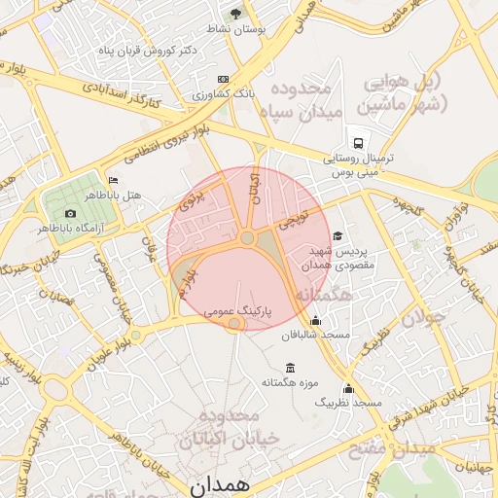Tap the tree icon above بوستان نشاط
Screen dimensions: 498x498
pos(234,14)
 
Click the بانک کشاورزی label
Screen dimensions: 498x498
pos(223,95)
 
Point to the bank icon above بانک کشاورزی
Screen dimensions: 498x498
pos(224,79)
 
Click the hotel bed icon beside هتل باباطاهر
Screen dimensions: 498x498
pos(114,180)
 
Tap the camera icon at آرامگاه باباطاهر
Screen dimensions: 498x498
pos(69,213)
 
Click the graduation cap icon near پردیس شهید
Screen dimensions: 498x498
pos(338,235)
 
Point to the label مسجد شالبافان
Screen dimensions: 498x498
pos(315,335)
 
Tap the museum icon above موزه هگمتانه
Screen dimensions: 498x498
pos(290,367)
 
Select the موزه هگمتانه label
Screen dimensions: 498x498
pos(290,382)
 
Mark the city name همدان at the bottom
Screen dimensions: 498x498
pos(221,483)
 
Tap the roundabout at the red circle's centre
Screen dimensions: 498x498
pos(248,238)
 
